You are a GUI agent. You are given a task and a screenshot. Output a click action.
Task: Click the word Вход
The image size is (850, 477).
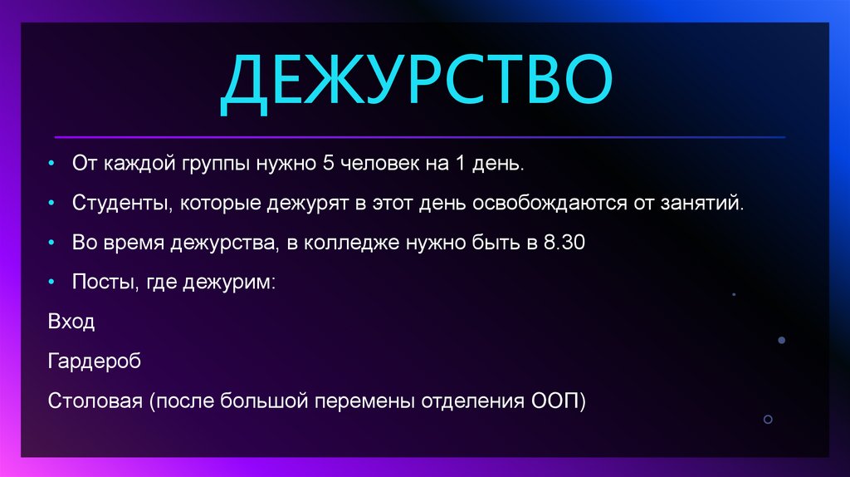(71, 322)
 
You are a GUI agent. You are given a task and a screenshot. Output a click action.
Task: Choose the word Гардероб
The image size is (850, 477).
(95, 362)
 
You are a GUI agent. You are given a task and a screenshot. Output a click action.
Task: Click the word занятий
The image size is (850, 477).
(704, 203)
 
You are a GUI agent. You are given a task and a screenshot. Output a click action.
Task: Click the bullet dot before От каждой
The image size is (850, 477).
(52, 164)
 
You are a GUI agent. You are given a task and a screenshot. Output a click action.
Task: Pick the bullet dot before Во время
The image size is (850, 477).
(52, 243)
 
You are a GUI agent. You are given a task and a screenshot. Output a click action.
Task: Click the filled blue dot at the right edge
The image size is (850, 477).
(781, 340)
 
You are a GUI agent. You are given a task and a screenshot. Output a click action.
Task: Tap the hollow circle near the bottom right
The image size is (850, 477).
(768, 419)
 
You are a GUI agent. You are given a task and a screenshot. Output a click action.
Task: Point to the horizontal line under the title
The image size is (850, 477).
(419, 136)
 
